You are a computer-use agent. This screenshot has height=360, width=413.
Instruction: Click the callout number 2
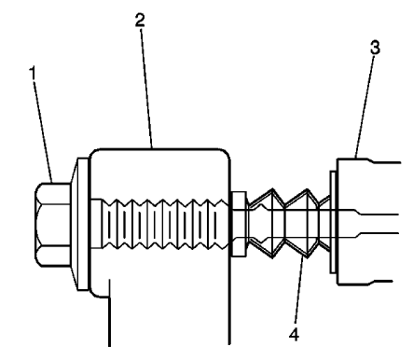(141, 18)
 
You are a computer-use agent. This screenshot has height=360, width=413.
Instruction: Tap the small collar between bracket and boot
(238, 224)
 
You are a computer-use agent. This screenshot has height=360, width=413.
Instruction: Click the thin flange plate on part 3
(334, 222)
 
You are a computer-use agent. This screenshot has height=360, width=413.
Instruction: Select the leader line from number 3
(365, 107)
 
